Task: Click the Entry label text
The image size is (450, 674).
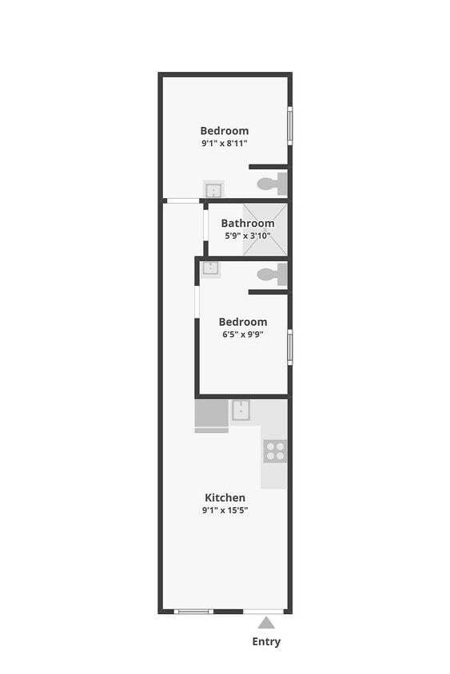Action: click(x=266, y=641)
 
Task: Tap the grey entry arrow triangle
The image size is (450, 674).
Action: click(x=266, y=623)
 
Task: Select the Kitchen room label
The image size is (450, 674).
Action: click(x=225, y=498)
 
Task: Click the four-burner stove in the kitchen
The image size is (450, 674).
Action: click(x=274, y=450)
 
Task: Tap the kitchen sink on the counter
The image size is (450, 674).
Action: click(x=241, y=410)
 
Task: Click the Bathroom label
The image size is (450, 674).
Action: click(x=248, y=223)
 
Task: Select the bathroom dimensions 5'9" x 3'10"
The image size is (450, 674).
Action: click(x=248, y=236)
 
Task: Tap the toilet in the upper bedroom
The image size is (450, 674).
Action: click(x=273, y=183)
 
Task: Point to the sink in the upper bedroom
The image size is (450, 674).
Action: click(x=213, y=190)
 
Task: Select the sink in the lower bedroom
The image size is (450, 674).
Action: click(x=210, y=268)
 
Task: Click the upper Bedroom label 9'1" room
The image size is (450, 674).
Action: click(x=224, y=130)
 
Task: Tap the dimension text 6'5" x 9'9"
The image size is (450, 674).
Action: click(x=243, y=335)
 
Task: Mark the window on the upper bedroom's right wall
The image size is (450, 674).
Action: click(x=289, y=125)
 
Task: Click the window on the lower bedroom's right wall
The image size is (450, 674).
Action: click(x=289, y=347)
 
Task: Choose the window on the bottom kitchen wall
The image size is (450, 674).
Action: click(x=193, y=612)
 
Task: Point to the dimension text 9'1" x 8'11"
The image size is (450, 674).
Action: click(x=224, y=143)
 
